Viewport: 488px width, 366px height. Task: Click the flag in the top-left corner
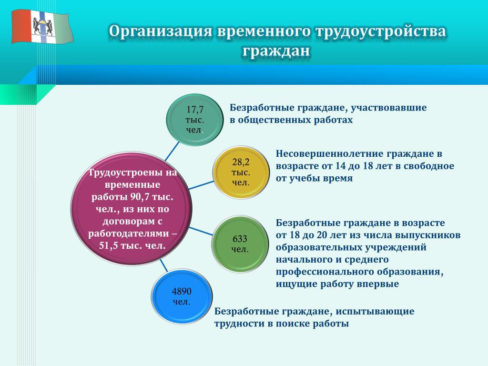click(42, 27)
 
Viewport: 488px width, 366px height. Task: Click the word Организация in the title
click(161, 32)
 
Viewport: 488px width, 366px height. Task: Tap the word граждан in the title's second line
click(276, 51)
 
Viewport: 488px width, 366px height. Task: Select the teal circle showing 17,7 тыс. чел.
click(195, 120)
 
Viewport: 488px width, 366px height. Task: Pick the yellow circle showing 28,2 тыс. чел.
click(241, 172)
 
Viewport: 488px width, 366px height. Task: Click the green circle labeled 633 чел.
click(240, 244)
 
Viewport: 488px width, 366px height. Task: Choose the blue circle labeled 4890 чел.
click(182, 296)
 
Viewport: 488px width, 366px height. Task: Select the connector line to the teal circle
click(172, 151)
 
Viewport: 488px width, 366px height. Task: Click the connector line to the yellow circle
click(201, 185)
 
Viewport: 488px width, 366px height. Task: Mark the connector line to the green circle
click(201, 231)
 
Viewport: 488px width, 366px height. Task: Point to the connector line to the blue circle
click(164, 265)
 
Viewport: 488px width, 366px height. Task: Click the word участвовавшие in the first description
click(389, 108)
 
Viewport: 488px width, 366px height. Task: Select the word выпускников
click(427, 235)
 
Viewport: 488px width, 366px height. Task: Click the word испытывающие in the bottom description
click(375, 312)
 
